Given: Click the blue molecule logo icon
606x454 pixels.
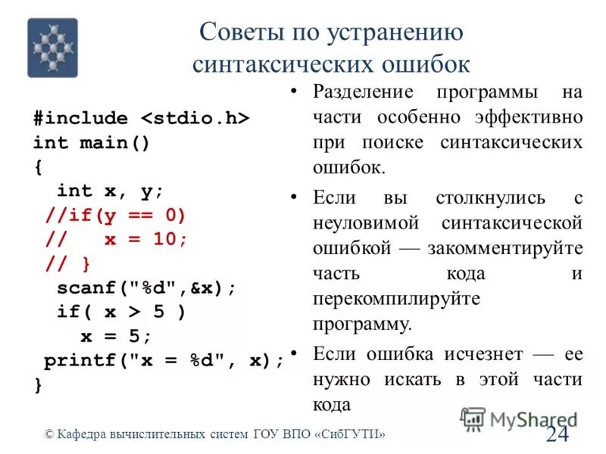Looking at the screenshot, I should point(53,48).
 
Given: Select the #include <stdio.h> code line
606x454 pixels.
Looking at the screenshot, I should point(141,119).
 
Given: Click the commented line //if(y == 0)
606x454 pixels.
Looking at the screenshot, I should point(114,214).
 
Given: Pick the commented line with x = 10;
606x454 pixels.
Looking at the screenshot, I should point(115,238).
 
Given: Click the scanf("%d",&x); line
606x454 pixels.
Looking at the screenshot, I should point(146,288).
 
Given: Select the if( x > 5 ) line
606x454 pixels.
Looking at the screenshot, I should point(121,312).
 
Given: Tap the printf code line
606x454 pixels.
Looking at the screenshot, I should point(163,360).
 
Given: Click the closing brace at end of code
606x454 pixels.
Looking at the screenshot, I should point(38,384).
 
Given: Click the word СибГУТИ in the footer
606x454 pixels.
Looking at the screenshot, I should point(352,434).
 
